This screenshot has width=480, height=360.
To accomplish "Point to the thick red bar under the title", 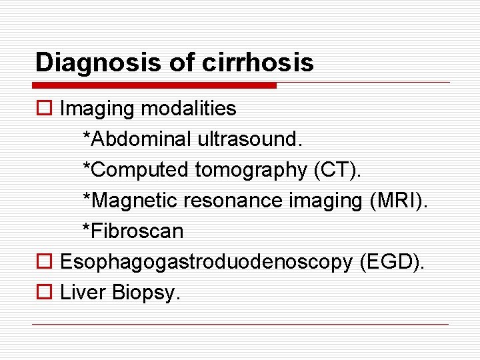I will click(155, 85).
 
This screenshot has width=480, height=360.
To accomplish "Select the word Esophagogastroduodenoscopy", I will click(205, 263).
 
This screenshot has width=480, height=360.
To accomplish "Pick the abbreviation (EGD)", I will click(391, 263).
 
